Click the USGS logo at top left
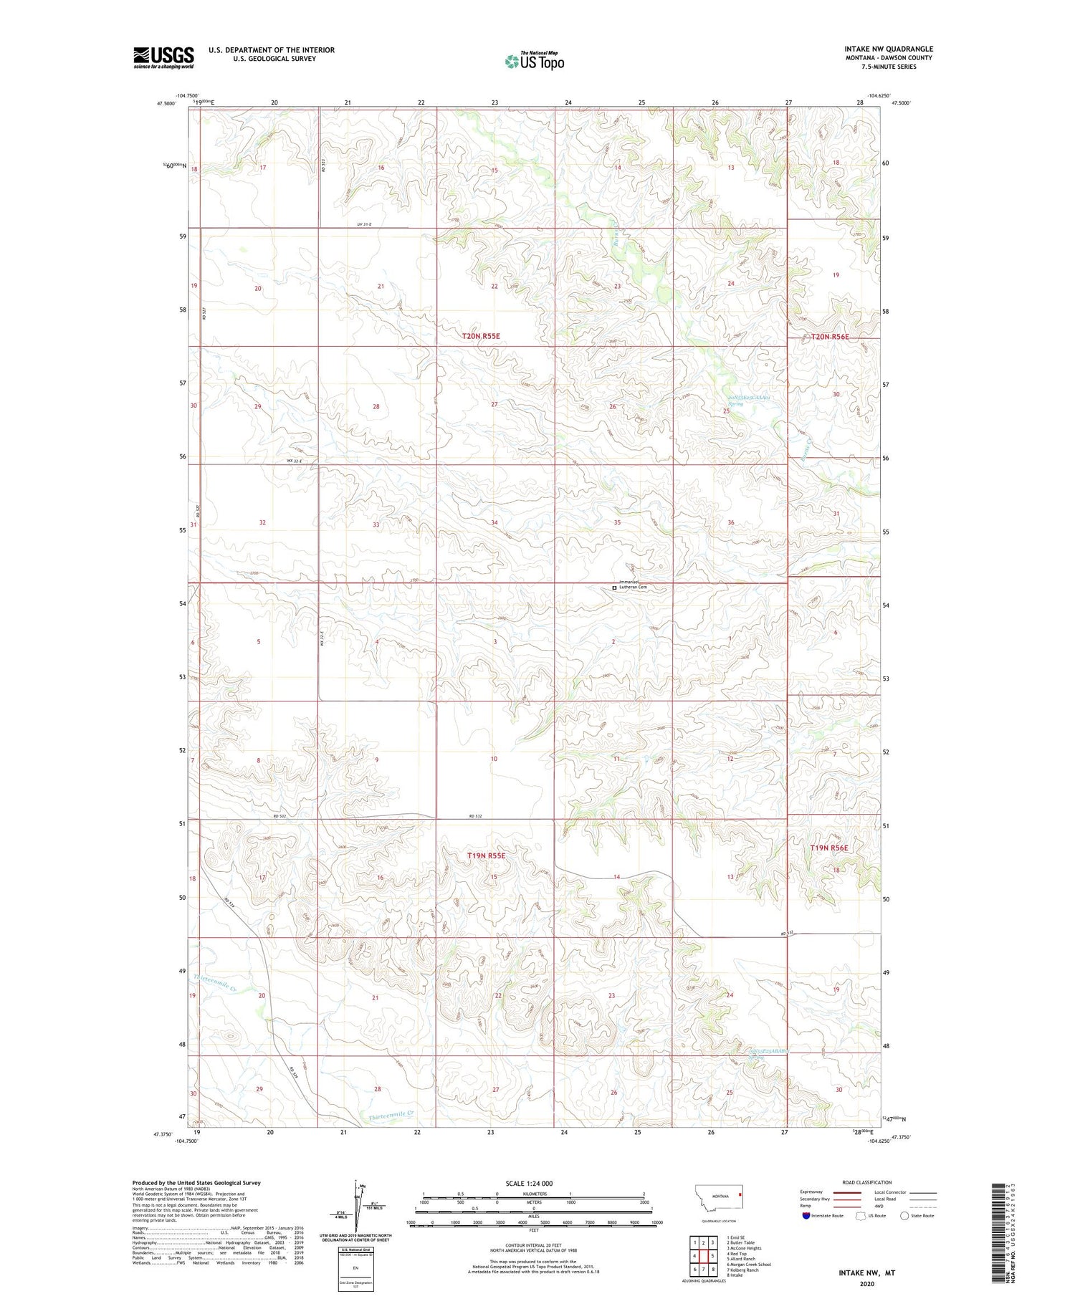163,57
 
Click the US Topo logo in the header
534,62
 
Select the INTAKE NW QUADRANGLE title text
888,49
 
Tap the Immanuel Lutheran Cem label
633,586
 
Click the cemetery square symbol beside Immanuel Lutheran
614,588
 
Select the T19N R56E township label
829,848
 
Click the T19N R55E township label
487,855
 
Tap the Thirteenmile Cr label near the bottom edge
391,1115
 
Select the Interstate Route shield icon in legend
806,1216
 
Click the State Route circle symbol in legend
904,1216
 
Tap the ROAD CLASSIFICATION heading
866,1182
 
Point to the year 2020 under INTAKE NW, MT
867,1285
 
